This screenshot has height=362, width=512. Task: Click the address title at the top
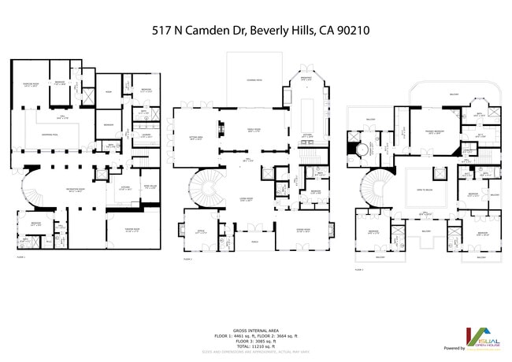[261, 31]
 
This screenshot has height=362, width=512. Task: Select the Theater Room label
[132, 231]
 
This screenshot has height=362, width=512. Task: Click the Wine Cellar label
[150, 187]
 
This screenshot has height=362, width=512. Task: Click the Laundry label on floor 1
[147, 135]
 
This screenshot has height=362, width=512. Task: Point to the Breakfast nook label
[310, 79]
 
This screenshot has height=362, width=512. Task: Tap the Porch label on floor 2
[254, 242]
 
